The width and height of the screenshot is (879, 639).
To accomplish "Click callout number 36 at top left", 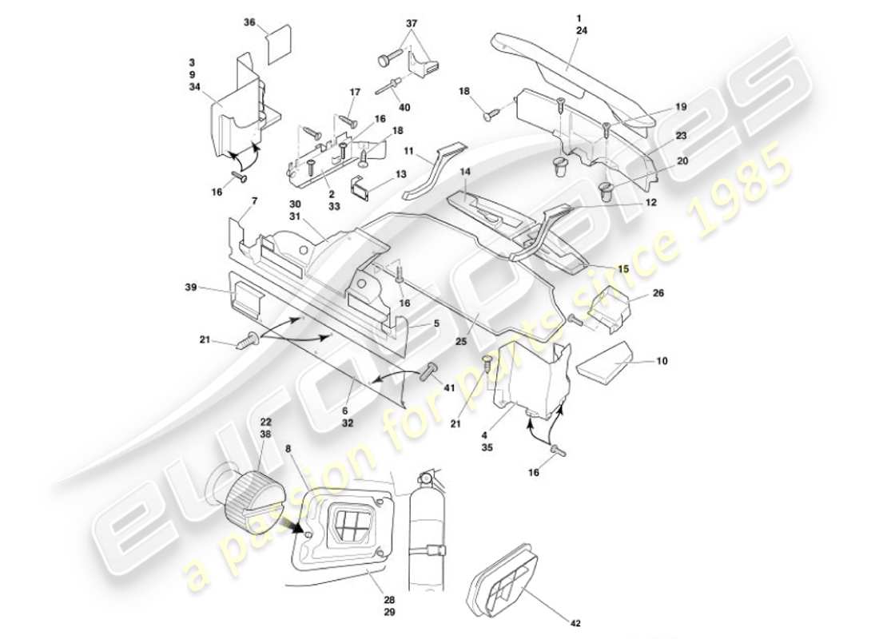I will tap(249, 23).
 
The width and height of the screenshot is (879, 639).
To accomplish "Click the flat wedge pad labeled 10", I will tap(604, 365).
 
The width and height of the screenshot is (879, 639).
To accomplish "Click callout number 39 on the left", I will tap(190, 287).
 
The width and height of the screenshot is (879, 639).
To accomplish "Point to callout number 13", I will tap(401, 173).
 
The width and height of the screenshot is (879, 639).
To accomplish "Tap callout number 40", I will tap(405, 107).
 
